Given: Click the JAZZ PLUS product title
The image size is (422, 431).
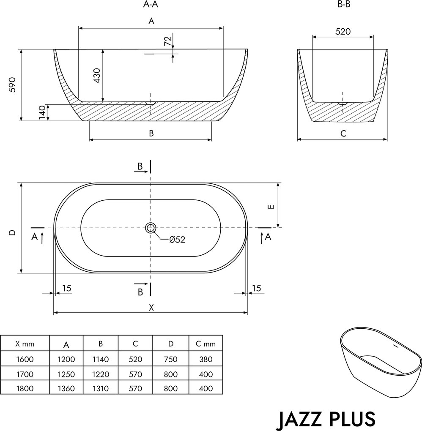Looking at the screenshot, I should [326, 418].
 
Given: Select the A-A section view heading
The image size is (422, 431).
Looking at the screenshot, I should [151, 5].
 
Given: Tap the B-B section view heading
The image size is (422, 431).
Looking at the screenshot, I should [343, 5].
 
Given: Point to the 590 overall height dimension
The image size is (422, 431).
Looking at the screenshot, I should [12, 85].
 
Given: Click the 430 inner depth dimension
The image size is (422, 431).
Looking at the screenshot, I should [97, 75].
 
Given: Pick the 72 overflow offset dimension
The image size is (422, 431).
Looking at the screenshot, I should [167, 41].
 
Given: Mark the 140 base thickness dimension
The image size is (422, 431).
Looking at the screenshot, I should [42, 112].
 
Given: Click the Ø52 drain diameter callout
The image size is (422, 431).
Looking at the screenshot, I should [177, 240].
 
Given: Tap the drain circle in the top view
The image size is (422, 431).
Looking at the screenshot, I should [151, 228].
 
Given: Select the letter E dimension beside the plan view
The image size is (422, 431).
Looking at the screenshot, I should [271, 207].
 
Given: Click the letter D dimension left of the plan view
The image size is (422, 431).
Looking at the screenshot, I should [12, 232].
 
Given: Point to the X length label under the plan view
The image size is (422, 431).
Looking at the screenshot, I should [151, 308].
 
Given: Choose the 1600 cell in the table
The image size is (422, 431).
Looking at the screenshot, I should [25, 359].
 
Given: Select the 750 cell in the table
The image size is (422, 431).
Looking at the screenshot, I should [170, 359].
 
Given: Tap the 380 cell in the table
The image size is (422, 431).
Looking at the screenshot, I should [206, 359].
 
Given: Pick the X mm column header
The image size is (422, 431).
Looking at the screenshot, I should [25, 344].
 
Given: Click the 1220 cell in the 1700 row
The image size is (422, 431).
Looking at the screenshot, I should [101, 374].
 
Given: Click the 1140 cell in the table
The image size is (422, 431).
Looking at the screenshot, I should [101, 359].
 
